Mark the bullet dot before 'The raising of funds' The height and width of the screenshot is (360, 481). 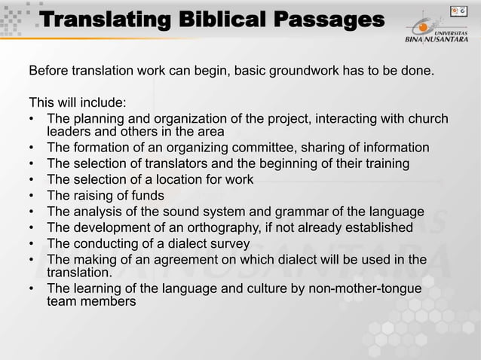tap(33, 196)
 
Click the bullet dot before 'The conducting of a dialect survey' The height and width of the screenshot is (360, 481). tap(33, 244)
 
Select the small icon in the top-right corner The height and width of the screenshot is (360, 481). tap(455, 11)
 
